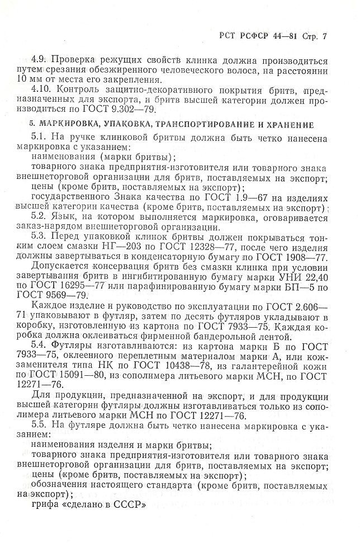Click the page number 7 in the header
[x=325, y=37]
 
